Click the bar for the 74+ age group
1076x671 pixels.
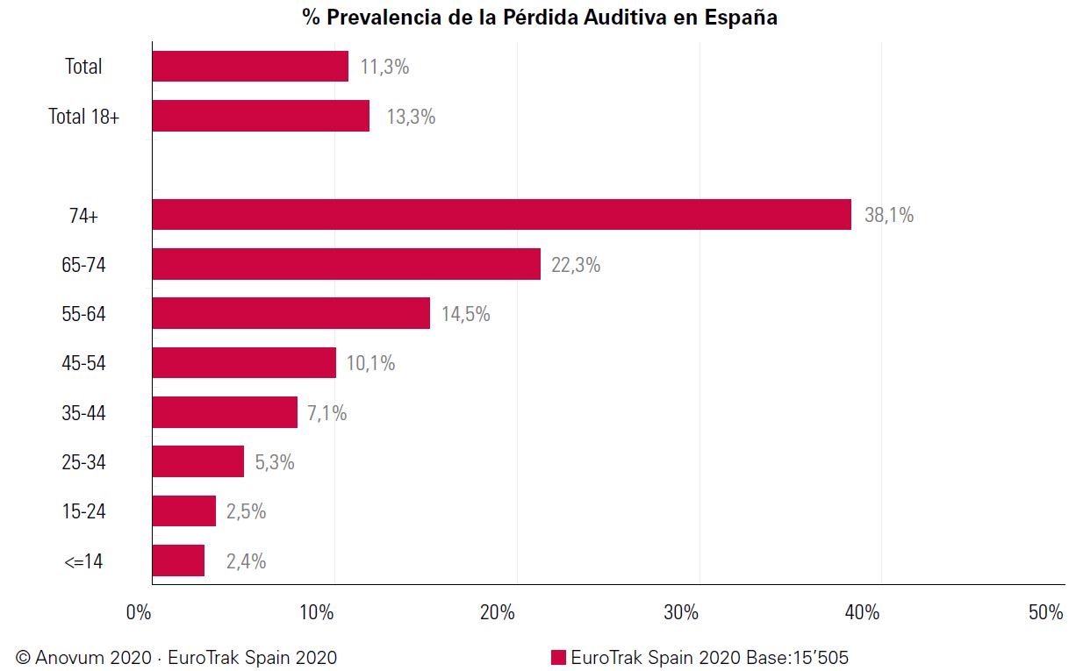[501, 215]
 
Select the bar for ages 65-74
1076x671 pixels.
[346, 264]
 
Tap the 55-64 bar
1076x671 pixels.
[291, 313]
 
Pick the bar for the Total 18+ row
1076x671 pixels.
[261, 116]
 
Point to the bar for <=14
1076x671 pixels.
[178, 560]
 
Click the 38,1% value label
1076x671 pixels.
[888, 215]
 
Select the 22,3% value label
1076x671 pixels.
[576, 265]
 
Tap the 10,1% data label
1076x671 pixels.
[370, 363]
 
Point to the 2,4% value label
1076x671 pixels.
[246, 561]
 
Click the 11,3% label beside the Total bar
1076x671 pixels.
[384, 67]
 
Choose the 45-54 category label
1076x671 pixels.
[84, 363]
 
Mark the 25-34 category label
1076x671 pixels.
[84, 462]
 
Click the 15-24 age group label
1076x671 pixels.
[84, 511]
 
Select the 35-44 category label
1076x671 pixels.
[84, 412]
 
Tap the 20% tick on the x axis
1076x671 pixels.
[498, 613]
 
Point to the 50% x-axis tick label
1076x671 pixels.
[1045, 613]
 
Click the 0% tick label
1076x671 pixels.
[139, 613]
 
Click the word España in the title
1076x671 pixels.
[741, 18]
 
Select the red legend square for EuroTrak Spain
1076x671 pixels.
[558, 657]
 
